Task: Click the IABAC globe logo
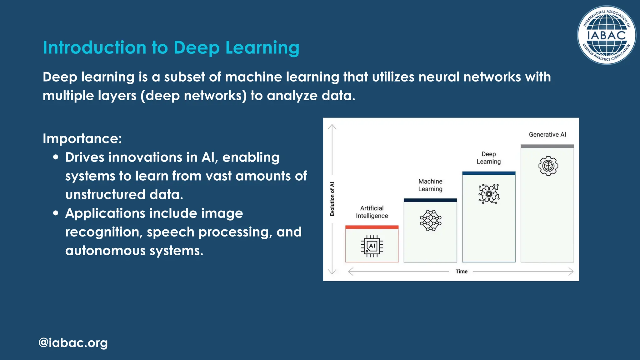coord(606,35)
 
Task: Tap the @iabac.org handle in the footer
coord(73,343)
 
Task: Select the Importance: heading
coord(82,138)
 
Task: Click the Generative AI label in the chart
coord(547,135)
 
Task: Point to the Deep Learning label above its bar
coord(488,158)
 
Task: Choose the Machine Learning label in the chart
coord(430,185)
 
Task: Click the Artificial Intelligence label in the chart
coord(372,212)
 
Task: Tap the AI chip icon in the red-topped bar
coord(372,246)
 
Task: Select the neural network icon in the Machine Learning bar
coord(430,221)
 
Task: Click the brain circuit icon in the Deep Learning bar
coord(489,194)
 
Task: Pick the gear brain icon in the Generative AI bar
coord(548,166)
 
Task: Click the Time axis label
coord(461,272)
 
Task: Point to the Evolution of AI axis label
coord(332,199)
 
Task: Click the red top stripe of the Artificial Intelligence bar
coord(372,227)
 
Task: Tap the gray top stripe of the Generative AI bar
coord(547,146)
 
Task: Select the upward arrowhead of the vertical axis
coord(332,127)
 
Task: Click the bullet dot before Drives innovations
coord(56,157)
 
